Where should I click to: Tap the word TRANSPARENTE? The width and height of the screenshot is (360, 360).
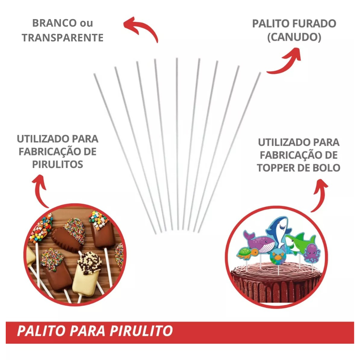click(x=63, y=38)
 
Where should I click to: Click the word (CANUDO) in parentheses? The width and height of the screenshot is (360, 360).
click(x=294, y=37)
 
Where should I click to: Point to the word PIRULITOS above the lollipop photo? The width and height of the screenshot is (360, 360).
click(x=58, y=165)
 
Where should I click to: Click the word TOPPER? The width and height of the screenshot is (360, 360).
click(x=282, y=168)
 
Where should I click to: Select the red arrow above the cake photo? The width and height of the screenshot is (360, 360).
click(x=319, y=195)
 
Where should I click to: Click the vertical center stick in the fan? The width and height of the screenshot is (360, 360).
click(x=177, y=144)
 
